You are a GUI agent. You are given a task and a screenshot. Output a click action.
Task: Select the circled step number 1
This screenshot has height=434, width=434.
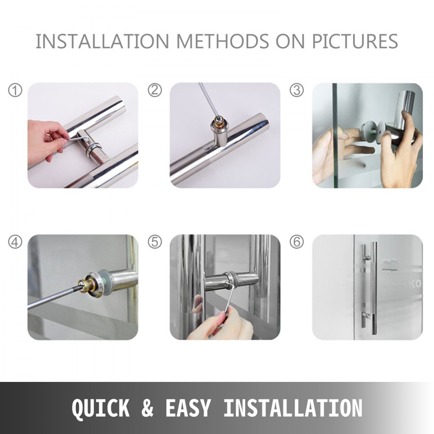click(x=15, y=91)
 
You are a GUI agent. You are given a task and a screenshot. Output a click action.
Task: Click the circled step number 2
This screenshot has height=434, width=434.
click(x=155, y=91)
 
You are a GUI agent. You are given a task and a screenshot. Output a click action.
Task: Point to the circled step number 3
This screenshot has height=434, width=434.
click(x=297, y=91)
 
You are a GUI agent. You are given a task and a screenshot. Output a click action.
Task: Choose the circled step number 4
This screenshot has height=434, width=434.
click(x=15, y=242)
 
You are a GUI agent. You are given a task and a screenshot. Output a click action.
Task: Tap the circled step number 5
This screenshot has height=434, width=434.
click(x=155, y=242)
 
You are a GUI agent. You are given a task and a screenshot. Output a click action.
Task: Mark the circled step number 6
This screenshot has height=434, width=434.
click(x=297, y=242)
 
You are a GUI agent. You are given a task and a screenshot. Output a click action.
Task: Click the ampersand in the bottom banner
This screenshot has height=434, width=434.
click(x=148, y=408)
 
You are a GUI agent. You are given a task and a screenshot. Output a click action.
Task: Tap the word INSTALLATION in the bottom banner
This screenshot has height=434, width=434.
click(x=293, y=408)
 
